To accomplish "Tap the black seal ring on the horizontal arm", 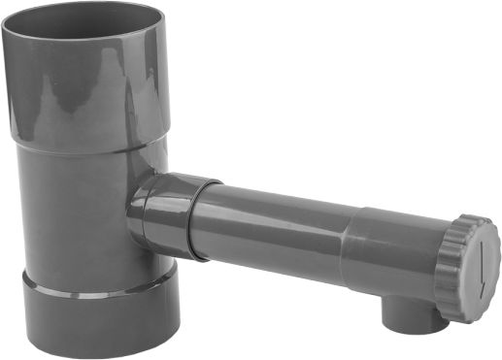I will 197,218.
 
